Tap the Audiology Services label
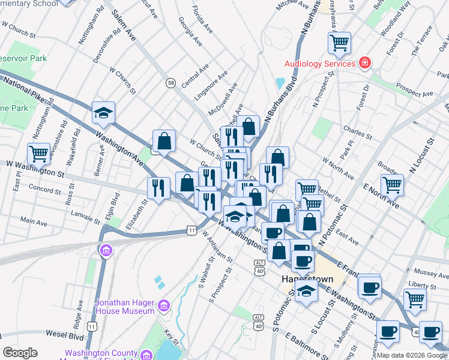[321, 64]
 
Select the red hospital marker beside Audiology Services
[364, 63]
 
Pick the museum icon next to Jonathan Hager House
[163, 307]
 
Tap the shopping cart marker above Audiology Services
[339, 43]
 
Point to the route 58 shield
[171, 83]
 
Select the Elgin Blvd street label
[114, 205]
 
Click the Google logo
[20, 352]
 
